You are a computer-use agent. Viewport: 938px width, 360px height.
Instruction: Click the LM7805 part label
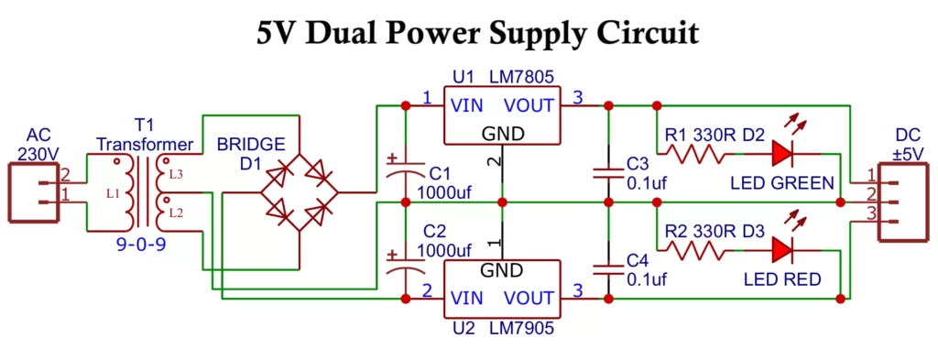click(521, 76)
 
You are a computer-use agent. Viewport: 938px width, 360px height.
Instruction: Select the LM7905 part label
click(521, 325)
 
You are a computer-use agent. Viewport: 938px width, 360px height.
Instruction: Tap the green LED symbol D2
click(782, 153)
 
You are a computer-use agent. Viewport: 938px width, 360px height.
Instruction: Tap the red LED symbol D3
click(782, 249)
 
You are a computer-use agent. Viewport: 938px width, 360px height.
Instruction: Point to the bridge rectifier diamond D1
click(300, 192)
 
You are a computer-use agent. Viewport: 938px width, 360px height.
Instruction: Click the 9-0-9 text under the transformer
click(143, 245)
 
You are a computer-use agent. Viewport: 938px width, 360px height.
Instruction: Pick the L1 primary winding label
click(112, 194)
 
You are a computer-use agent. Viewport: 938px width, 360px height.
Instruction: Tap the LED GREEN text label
click(782, 181)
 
